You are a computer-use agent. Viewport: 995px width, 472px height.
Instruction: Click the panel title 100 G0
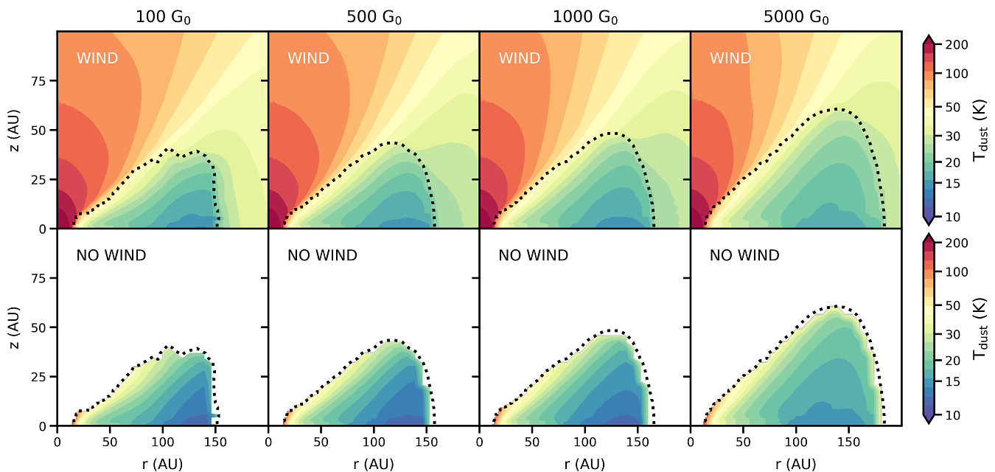(x=162, y=18)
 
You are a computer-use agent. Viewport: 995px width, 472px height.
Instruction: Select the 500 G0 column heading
(x=374, y=18)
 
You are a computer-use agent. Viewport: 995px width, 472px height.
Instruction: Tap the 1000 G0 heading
(x=584, y=18)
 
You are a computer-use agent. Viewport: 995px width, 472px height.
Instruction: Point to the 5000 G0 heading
(x=796, y=18)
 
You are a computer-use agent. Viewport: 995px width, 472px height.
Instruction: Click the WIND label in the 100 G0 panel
(x=97, y=58)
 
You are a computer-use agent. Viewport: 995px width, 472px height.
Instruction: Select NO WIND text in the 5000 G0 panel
(x=744, y=256)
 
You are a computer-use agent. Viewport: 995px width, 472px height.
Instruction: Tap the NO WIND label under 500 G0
(x=322, y=256)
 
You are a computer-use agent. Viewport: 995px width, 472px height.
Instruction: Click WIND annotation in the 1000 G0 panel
(x=520, y=58)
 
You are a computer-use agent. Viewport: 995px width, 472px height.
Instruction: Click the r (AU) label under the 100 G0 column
(x=162, y=464)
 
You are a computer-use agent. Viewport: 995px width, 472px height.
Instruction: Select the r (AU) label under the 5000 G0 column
(x=796, y=464)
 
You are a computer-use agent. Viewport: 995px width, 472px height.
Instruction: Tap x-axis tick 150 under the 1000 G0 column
(x=638, y=441)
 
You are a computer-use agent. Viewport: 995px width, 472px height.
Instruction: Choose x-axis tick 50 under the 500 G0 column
(x=321, y=441)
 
